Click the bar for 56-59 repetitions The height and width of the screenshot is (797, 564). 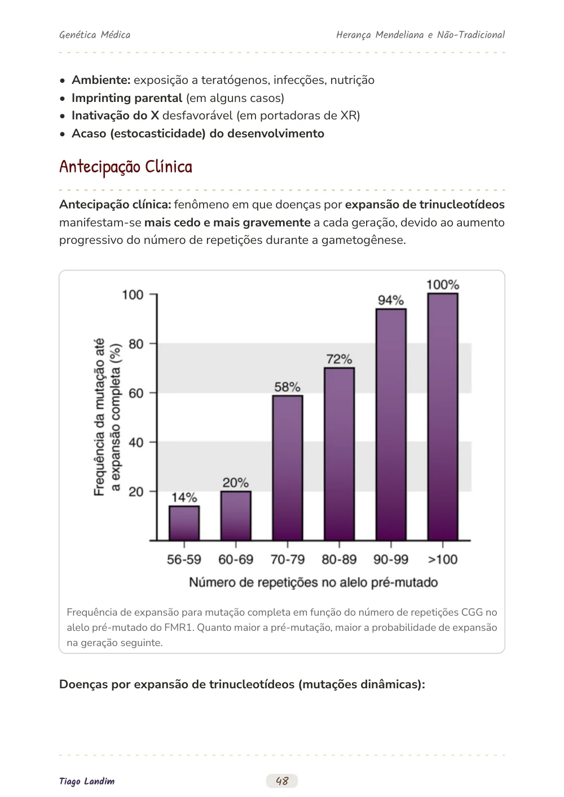pyautogui.click(x=184, y=523)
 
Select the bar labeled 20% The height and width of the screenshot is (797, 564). pyautogui.click(x=236, y=515)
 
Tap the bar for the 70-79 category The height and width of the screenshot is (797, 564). pyautogui.click(x=288, y=467)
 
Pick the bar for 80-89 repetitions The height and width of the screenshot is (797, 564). pyautogui.click(x=339, y=453)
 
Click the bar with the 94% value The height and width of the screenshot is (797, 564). pyautogui.click(x=391, y=425)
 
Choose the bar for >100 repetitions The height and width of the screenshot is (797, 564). pyautogui.click(x=443, y=417)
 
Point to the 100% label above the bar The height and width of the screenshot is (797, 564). pyautogui.click(x=443, y=284)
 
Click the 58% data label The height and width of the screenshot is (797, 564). pyautogui.click(x=287, y=387)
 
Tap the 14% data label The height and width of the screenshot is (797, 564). pyautogui.click(x=184, y=497)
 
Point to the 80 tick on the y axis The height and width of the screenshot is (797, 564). pyautogui.click(x=136, y=344)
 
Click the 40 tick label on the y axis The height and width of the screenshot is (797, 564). pyautogui.click(x=136, y=442)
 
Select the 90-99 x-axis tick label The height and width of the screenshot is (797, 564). pyautogui.click(x=391, y=559)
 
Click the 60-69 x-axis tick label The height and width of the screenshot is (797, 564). pyautogui.click(x=236, y=559)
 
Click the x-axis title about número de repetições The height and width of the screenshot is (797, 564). pyautogui.click(x=313, y=582)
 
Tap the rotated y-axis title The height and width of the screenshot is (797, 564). pyautogui.click(x=107, y=417)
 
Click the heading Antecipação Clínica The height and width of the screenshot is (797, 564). pyautogui.click(x=126, y=167)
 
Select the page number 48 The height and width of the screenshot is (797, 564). pyautogui.click(x=282, y=781)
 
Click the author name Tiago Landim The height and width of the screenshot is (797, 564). pyautogui.click(x=87, y=781)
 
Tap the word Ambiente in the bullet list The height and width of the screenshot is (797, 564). pyautogui.click(x=101, y=80)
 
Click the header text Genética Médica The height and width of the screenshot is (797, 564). pyautogui.click(x=95, y=35)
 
